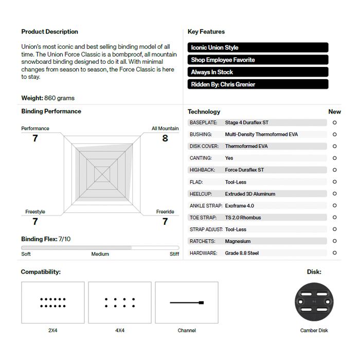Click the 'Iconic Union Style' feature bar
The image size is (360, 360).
pyautogui.click(x=258, y=47)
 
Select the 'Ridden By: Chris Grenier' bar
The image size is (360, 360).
pyautogui.click(x=258, y=84)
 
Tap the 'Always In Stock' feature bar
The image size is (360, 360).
pyautogui.click(x=258, y=72)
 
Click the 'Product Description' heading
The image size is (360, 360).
pyautogui.click(x=49, y=32)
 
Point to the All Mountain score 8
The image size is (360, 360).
pyautogui.click(x=165, y=138)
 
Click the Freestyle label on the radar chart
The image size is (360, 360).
pyautogui.click(x=35, y=212)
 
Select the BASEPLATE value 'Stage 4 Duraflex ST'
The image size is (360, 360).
pyautogui.click(x=247, y=122)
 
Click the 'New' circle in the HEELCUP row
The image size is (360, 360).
pyautogui.click(x=335, y=194)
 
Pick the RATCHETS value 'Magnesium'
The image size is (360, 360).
pyautogui.click(x=238, y=241)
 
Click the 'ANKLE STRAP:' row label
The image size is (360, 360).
pyautogui.click(x=206, y=206)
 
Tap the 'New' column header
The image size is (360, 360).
pyautogui.click(x=334, y=112)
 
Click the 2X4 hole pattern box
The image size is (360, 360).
pyautogui.click(x=53, y=302)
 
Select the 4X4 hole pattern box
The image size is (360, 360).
pyautogui.click(x=120, y=302)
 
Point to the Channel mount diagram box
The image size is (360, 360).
pyautogui.click(x=187, y=302)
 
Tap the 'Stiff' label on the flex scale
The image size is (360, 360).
pyautogui.click(x=174, y=254)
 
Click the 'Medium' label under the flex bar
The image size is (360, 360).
pyautogui.click(x=100, y=254)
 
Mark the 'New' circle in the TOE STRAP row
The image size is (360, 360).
pyautogui.click(x=335, y=218)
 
